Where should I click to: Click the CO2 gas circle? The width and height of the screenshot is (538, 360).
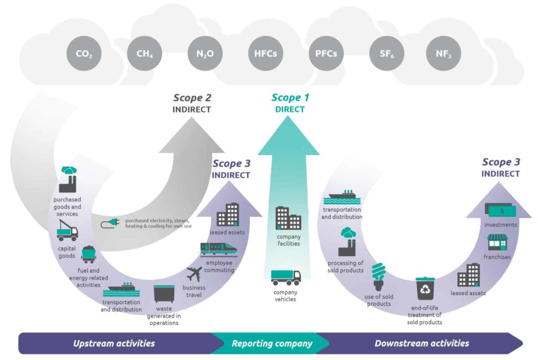click(x=84, y=54)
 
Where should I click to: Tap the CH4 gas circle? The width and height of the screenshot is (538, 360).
click(x=144, y=54)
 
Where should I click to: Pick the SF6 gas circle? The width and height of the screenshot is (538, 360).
click(x=386, y=54)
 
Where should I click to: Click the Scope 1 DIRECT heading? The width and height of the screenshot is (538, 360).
click(x=290, y=103)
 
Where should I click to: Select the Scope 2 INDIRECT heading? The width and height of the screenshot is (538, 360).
click(x=192, y=103)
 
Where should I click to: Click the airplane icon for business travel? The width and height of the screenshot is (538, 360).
click(x=194, y=274)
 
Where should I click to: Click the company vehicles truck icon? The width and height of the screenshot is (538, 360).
click(x=286, y=276)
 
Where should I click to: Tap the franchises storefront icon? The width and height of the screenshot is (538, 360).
click(x=496, y=242)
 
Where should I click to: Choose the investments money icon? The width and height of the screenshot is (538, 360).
click(x=501, y=210)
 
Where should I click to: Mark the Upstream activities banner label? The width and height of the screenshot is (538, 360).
click(x=113, y=344)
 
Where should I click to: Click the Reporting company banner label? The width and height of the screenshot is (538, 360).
click(x=272, y=344)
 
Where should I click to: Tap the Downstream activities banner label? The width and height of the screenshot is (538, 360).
click(x=421, y=344)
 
